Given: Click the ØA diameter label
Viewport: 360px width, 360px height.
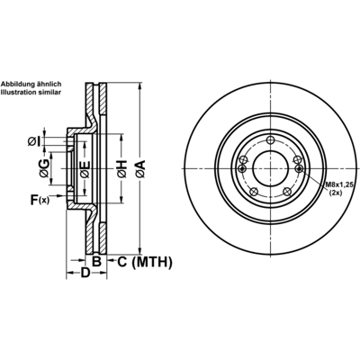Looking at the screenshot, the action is click(x=140, y=169).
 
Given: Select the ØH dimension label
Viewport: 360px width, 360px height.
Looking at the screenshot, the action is click(x=121, y=169).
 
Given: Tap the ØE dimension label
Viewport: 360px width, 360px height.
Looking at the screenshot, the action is click(x=85, y=169).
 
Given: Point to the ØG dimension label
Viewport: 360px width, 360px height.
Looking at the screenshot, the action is click(x=44, y=168).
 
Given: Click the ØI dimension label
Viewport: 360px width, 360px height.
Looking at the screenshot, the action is click(x=34, y=141).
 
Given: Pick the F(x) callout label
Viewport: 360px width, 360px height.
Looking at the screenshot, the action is click(x=40, y=200).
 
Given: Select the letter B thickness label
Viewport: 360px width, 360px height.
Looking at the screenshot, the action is click(x=96, y=262).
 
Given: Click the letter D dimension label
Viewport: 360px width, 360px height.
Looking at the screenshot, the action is click(x=85, y=273).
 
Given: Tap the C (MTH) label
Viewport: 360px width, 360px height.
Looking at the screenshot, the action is click(x=145, y=262).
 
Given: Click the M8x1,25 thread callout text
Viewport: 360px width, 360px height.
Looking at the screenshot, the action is click(x=339, y=185).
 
